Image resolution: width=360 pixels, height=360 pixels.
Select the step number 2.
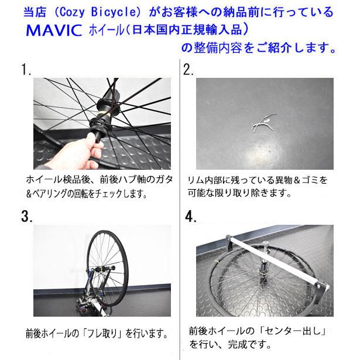click(x=188, y=70)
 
